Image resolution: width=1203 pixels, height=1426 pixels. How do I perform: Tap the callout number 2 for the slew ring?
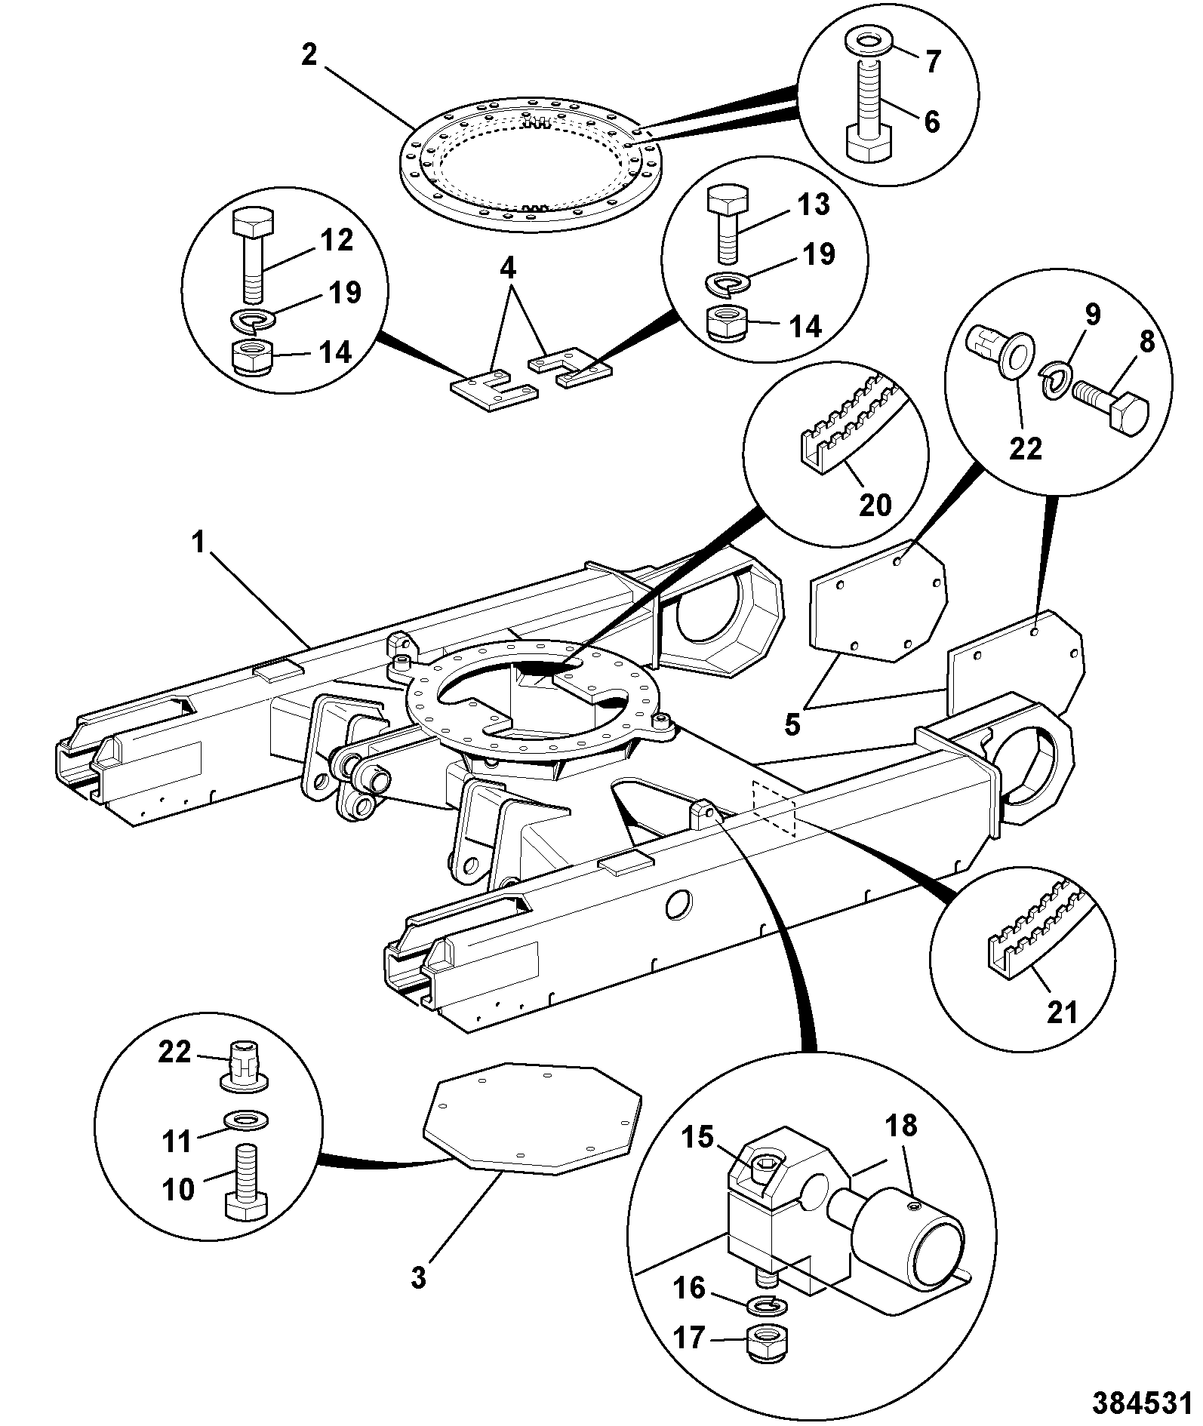pos(309,55)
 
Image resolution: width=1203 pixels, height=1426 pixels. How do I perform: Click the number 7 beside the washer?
pos(933,62)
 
